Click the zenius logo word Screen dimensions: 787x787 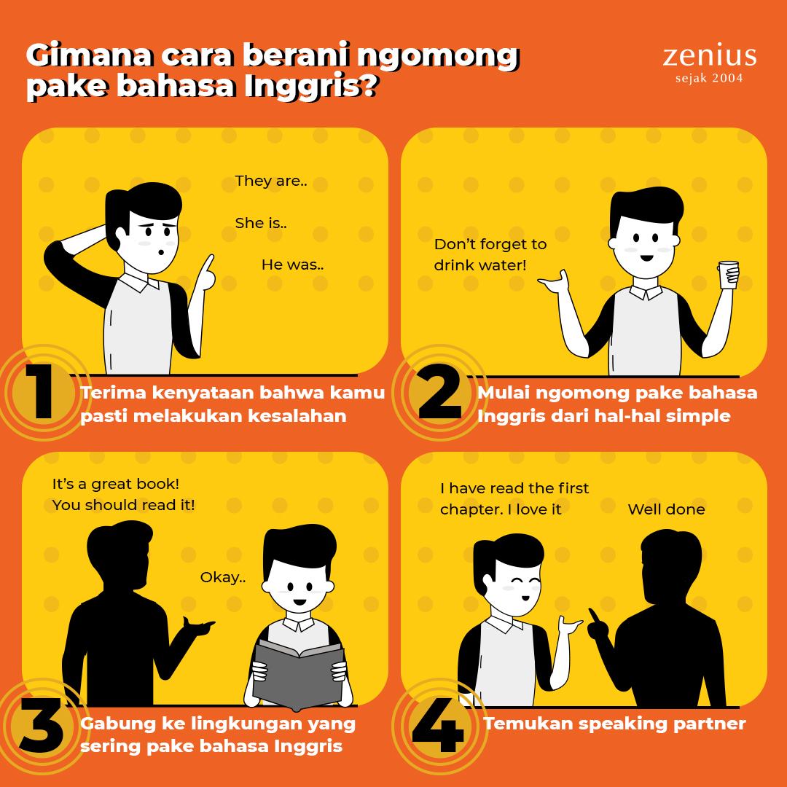(x=709, y=56)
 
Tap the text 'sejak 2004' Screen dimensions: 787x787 (x=709, y=78)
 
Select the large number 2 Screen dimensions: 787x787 (x=440, y=391)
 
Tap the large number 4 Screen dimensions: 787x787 (x=438, y=725)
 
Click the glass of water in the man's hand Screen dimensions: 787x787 (x=729, y=275)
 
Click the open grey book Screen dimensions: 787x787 (x=299, y=674)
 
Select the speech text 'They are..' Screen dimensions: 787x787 (x=271, y=181)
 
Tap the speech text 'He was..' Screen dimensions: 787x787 (x=293, y=265)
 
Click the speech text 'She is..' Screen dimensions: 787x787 (x=261, y=223)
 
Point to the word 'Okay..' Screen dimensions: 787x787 (x=224, y=577)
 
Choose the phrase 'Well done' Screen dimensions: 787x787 (x=666, y=509)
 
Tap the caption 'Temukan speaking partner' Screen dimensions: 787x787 (x=614, y=724)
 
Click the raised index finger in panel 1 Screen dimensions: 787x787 (x=207, y=266)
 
